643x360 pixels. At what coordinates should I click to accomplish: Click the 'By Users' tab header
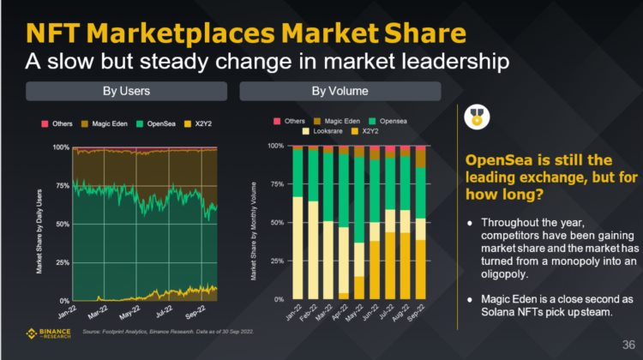(x=126, y=91)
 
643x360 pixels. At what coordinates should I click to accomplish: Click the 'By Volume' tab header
(x=340, y=91)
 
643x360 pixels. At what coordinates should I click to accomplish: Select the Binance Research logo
(x=50, y=333)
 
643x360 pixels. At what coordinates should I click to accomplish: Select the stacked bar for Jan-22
(x=297, y=223)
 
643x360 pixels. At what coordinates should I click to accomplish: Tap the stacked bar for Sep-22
(x=420, y=223)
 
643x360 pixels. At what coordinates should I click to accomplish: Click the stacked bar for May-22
(x=359, y=223)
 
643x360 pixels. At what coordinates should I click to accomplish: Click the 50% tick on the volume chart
(x=274, y=223)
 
